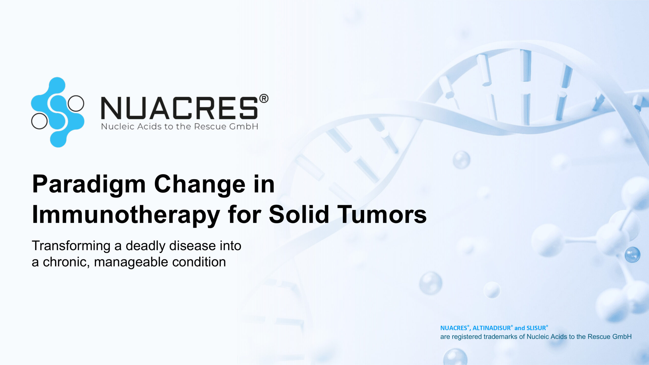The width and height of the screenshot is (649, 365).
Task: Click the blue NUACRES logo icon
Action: click(58, 112)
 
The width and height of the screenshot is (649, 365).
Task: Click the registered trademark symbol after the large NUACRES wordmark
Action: click(264, 98)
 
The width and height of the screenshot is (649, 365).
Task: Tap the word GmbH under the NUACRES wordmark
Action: click(244, 126)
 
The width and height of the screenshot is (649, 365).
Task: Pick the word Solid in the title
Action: click(299, 214)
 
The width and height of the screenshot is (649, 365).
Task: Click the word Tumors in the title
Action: click(382, 214)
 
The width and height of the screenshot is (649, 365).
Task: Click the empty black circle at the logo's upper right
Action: click(76, 103)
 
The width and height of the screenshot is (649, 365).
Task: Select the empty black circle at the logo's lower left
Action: click(39, 121)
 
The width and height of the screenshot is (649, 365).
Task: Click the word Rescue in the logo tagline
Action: click(210, 126)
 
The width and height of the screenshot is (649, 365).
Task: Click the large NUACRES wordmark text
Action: click(179, 108)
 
